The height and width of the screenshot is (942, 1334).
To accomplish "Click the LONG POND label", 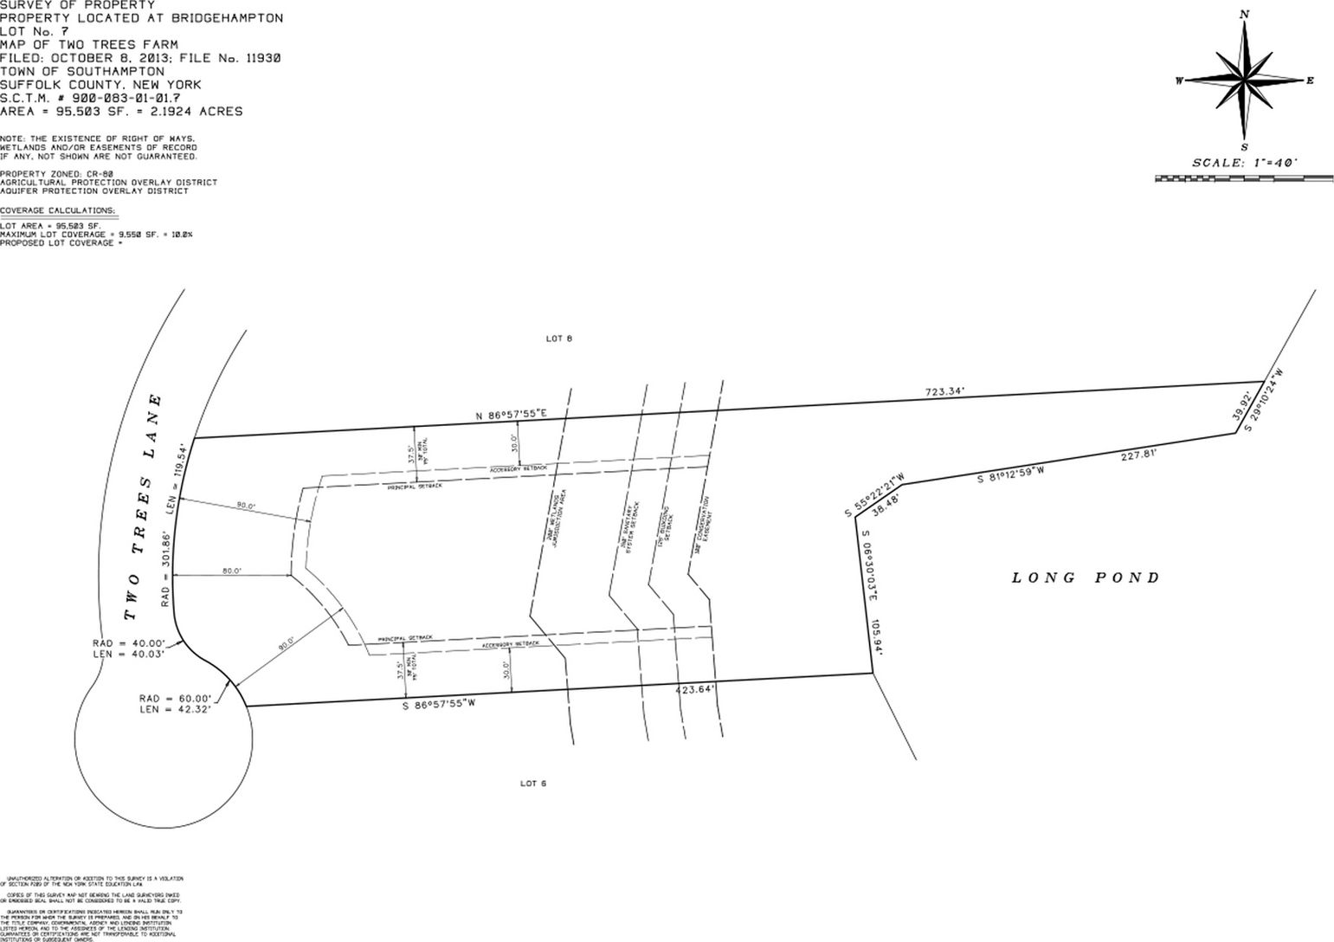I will tap(1086, 577).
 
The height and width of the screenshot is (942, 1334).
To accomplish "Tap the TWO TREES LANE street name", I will tap(144, 507).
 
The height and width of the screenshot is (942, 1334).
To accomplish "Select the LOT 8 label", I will tap(558, 339).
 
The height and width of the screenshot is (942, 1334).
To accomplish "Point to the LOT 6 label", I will tap(533, 784).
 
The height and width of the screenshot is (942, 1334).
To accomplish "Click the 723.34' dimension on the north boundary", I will tap(944, 392).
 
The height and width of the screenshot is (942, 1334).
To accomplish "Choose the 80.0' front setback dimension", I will tap(231, 571).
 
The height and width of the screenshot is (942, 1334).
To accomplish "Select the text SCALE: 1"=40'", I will tap(1244, 163).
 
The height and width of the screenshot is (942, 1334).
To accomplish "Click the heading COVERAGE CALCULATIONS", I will tap(57, 210).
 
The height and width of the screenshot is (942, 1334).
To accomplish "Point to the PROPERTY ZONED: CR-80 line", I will tap(56, 174).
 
